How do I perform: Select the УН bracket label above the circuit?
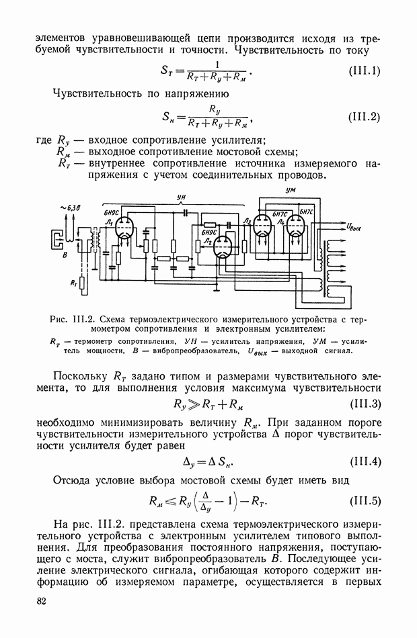180,197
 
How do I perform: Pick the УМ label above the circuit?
291,191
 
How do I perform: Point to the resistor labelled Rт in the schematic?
81,282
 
